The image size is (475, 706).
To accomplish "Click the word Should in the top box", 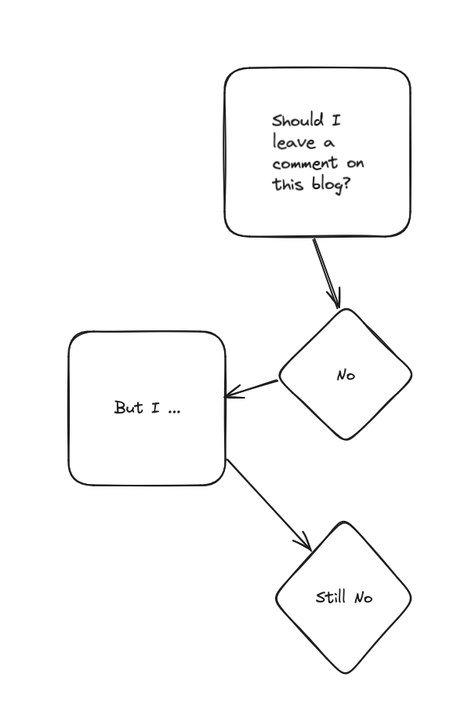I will (297, 121).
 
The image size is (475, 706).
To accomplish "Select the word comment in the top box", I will (305, 164).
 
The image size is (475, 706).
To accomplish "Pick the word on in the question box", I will (355, 164).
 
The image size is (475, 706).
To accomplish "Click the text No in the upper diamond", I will (346, 375).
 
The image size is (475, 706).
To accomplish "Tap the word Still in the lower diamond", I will (332, 597).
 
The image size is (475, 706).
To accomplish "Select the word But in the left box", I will (128, 407).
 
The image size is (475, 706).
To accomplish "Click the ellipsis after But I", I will (173, 410).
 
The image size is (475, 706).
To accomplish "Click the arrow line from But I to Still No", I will (265, 501).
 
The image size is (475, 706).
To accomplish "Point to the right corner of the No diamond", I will (411, 373).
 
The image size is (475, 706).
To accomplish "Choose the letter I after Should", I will (336, 121).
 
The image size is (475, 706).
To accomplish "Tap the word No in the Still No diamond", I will (363, 598).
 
